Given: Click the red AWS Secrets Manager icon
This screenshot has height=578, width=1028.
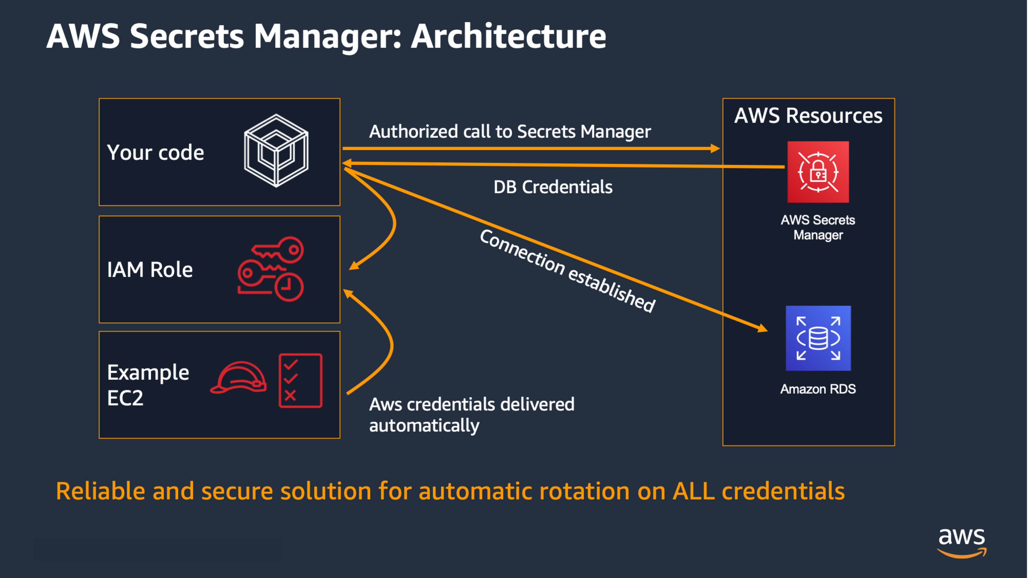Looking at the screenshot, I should coord(818,172).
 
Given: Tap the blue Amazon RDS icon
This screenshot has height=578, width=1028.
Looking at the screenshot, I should coord(818,338).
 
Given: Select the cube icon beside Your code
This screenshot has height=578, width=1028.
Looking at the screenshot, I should coord(276,151).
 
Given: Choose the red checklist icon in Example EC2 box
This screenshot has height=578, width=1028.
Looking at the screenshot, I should coord(300,380).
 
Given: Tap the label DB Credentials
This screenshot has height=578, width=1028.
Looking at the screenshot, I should coord(553,187).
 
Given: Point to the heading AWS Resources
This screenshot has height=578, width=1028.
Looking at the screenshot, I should coord(808,116).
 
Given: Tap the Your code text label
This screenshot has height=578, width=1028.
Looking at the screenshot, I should coord(156,153).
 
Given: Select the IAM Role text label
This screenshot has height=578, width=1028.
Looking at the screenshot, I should coord(150,269).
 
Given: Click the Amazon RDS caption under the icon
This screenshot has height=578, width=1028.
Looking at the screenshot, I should coord(818,389).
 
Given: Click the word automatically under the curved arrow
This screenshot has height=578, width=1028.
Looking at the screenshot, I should coord(424,425).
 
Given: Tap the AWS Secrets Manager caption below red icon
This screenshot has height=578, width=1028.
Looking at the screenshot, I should coord(818,227).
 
